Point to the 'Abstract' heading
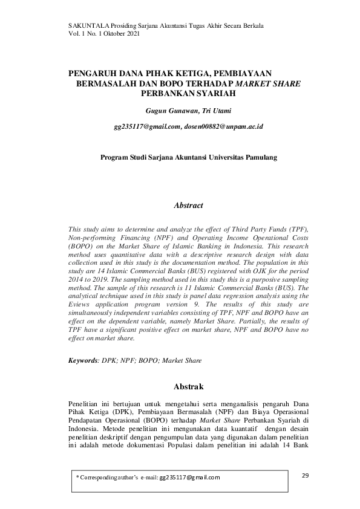tap(188, 206)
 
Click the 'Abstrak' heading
tap(188, 386)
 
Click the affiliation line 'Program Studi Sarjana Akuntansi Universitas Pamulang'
tap(188, 157)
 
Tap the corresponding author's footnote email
tap(189, 478)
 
